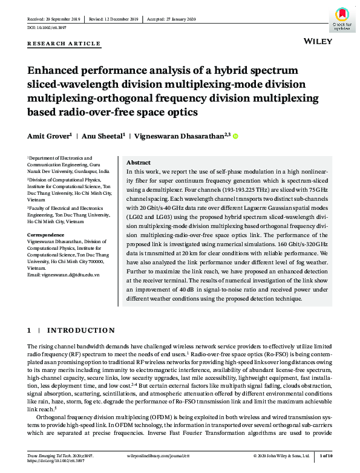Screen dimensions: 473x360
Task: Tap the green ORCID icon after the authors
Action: coord(235,137)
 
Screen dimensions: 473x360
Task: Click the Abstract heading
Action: coord(138,163)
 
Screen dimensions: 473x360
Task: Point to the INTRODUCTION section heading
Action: coord(81,330)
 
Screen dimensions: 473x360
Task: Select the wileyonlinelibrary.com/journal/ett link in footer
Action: coord(157,455)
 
